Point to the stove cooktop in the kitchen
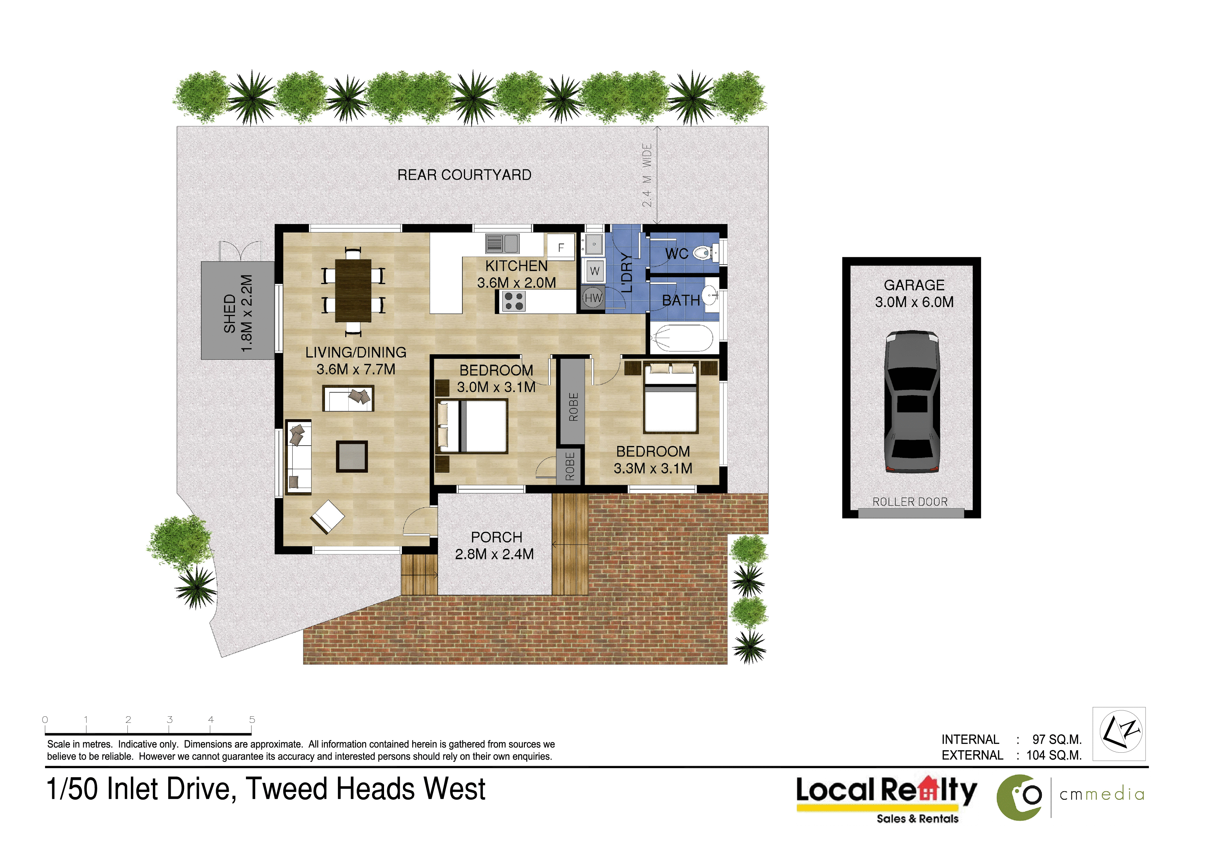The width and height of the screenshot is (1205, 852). coord(513,301)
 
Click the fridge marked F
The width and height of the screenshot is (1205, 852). coord(561,248)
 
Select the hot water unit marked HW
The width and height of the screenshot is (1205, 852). coord(594,298)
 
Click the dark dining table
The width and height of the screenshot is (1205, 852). coord(353,290)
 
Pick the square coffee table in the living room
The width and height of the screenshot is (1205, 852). coord(352,456)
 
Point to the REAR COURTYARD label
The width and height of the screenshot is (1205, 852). coord(464,175)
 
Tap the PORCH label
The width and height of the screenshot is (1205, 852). coord(496,537)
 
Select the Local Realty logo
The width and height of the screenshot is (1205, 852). coord(887,799)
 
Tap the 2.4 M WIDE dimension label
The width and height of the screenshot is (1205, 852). coord(647,175)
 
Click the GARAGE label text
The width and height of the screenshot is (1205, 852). coord(914,285)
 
